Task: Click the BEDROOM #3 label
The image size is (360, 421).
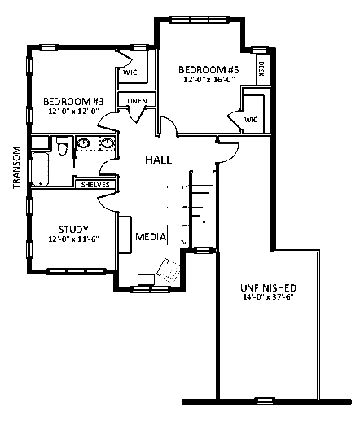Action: click(73, 102)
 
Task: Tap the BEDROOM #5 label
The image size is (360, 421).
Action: click(209, 70)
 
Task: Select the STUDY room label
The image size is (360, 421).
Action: click(73, 230)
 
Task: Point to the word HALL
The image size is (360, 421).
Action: click(159, 160)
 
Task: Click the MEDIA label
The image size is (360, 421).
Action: click(151, 237)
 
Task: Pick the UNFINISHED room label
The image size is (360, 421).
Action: click(269, 287)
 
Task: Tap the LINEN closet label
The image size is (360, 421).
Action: click(137, 101)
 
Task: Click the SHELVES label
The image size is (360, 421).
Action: click(95, 185)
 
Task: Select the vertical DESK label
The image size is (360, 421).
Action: click(261, 69)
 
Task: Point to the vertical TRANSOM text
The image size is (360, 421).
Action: click(16, 168)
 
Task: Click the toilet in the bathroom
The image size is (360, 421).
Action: click(62, 146)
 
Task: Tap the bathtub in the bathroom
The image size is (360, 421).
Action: click(41, 169)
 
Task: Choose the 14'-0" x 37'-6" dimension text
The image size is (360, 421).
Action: click(269, 297)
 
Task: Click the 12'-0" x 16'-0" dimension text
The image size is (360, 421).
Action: click(209, 80)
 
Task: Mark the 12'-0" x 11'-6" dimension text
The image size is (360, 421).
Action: click(73, 239)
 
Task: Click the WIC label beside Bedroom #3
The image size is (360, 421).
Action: click(130, 72)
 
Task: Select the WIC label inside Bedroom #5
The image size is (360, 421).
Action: click(251, 120)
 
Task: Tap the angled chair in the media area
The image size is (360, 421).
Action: click(169, 271)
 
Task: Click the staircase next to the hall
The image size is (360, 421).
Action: click(204, 209)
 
